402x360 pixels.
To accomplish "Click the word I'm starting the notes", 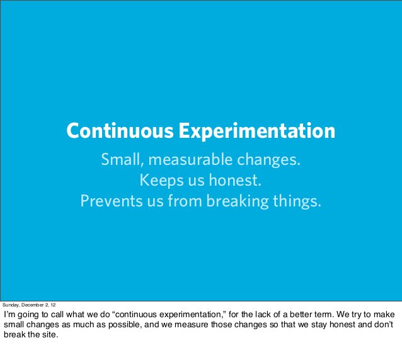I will pyautogui.click(x=10, y=314).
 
